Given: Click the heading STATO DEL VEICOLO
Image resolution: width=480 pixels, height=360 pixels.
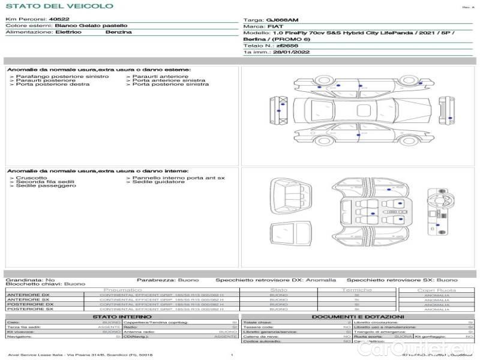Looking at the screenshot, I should pyautogui.click(x=59, y=7).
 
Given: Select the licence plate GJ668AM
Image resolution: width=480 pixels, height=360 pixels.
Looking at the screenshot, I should pyautogui.click(x=281, y=20).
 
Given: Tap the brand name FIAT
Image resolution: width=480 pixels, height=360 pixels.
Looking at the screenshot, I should pyautogui.click(x=275, y=27).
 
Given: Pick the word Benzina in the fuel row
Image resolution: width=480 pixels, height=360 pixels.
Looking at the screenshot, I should pyautogui.click(x=118, y=32).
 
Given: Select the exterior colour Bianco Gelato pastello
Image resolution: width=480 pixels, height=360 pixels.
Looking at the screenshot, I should pyautogui.click(x=91, y=26).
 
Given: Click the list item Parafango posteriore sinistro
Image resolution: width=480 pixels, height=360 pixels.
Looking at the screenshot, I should pyautogui.click(x=62, y=76).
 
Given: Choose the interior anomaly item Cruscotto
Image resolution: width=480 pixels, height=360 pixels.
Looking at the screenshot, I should pyautogui.click(x=31, y=178).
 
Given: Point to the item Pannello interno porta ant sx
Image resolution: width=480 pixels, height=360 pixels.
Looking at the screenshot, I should pyautogui.click(x=178, y=178).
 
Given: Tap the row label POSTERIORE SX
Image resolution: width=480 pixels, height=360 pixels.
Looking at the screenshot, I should pyautogui.click(x=29, y=309).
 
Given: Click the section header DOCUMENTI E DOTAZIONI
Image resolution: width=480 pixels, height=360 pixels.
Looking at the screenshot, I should pyautogui.click(x=358, y=316).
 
